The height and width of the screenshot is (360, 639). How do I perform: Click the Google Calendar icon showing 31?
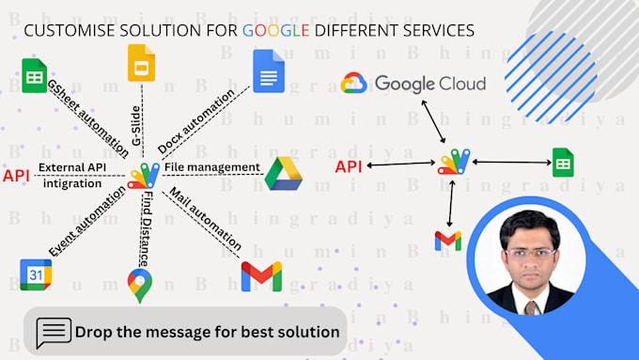point(36,274)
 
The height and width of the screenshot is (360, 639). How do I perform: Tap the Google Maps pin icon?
point(139,285)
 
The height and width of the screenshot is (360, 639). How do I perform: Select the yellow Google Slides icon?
point(141,63)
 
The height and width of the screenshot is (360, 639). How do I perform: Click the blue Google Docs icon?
point(268,70)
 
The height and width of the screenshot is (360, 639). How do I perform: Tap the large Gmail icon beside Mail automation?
point(261,276)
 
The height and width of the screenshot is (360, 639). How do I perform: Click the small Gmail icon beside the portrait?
point(448,241)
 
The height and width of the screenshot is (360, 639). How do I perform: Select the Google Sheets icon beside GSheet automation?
point(35,75)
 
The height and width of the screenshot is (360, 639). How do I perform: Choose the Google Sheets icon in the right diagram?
point(564,163)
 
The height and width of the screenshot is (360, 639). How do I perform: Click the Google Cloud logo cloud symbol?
point(354,84)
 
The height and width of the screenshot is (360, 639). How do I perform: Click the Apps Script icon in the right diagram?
point(454,163)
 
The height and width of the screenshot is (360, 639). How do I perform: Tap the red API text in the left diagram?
point(16,176)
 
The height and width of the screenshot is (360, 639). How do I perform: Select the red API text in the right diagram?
point(349,167)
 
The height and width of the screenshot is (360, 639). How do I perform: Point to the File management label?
point(211,167)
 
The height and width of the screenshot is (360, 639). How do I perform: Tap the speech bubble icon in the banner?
point(54,332)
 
